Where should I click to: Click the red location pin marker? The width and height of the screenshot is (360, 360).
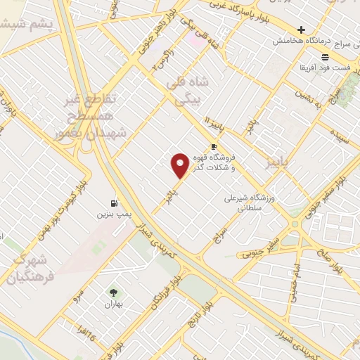click(x=181, y=165)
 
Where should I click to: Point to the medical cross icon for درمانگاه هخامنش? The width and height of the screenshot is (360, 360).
click(x=301, y=30)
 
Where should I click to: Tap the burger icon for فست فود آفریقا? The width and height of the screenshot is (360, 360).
click(x=325, y=57)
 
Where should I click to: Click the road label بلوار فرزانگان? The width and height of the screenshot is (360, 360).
click(x=162, y=293)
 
